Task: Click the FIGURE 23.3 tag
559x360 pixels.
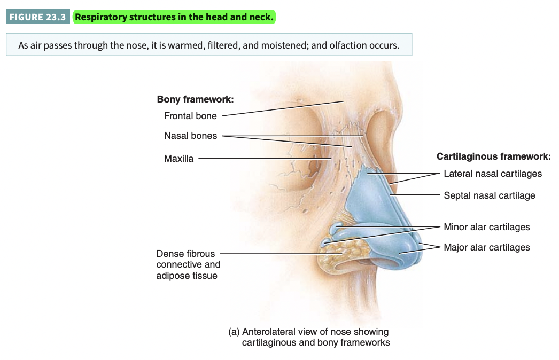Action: tap(37, 17)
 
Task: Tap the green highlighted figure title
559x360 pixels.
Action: tap(174, 17)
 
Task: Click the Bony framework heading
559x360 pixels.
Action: tap(195, 99)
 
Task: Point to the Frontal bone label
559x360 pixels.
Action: tap(190, 116)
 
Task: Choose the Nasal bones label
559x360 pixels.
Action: tap(190, 136)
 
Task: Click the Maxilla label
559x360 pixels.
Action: tap(178, 158)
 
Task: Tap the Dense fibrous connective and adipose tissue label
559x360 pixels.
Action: tap(188, 264)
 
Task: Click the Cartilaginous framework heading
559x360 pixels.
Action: tap(493, 156)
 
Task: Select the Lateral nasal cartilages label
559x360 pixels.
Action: tap(492, 174)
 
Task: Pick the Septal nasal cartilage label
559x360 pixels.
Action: tap(489, 195)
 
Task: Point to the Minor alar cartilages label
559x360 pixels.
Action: tap(486, 227)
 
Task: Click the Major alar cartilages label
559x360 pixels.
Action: tap(486, 247)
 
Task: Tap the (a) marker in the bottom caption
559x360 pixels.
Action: tap(234, 332)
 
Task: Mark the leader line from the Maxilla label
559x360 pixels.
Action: tap(262, 158)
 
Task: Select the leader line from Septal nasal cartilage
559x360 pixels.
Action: tap(417, 195)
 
